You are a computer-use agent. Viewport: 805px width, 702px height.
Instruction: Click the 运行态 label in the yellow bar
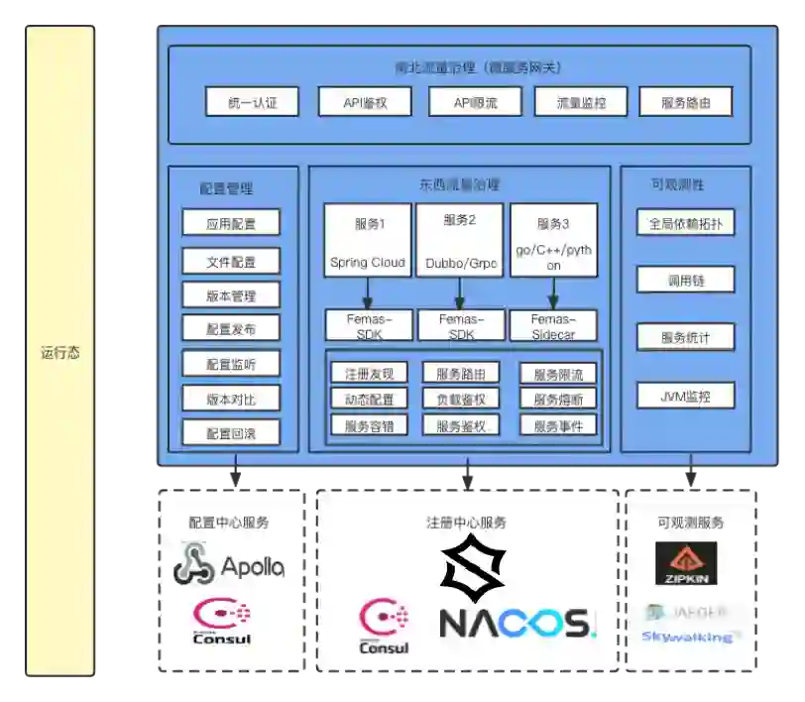pyautogui.click(x=59, y=352)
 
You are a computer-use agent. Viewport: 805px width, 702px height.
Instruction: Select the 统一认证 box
pyautogui.click(x=252, y=101)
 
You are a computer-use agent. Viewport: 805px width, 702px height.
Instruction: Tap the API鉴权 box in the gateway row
pyautogui.click(x=364, y=101)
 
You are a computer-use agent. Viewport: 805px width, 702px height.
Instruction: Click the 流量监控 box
pyautogui.click(x=582, y=101)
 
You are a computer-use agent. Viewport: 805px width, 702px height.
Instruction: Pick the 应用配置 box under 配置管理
pyautogui.click(x=231, y=223)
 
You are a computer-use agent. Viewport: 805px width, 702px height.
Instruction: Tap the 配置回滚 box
pyautogui.click(x=231, y=432)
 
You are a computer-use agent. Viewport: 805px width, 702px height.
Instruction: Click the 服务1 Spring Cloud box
pyautogui.click(x=368, y=241)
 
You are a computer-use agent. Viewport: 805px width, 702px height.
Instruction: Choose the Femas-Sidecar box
pyautogui.click(x=553, y=325)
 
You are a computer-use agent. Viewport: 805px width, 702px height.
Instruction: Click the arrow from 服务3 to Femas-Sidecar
pyautogui.click(x=553, y=292)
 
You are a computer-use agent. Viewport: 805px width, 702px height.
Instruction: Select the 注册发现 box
pyautogui.click(x=369, y=374)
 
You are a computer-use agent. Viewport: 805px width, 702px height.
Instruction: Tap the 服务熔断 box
pyautogui.click(x=565, y=399)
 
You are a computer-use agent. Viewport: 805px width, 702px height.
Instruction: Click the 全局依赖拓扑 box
pyautogui.click(x=686, y=222)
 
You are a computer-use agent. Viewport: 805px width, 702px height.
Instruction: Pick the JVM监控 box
pyautogui.click(x=686, y=397)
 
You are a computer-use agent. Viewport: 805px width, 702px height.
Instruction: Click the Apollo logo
pyautogui.click(x=229, y=565)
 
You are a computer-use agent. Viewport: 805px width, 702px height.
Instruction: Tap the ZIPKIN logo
pyautogui.click(x=686, y=563)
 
